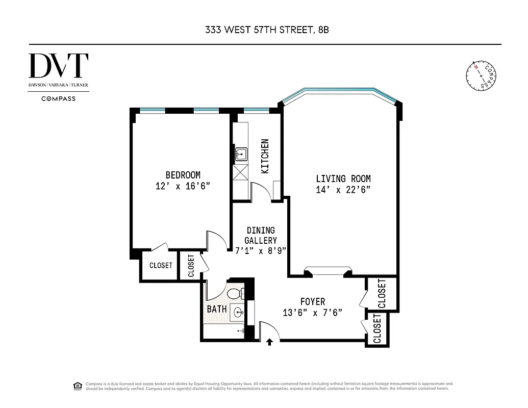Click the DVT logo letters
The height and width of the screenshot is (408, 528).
click(59, 66)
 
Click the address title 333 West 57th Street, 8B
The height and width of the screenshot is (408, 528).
click(264, 30)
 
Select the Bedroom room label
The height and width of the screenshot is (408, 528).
click(183, 175)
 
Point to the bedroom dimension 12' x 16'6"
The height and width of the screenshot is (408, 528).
click(183, 187)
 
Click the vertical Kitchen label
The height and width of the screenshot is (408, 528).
click(265, 156)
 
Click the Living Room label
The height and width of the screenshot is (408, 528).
click(343, 178)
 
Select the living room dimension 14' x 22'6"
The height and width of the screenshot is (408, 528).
click(343, 190)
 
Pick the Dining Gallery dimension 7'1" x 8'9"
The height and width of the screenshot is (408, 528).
click(261, 250)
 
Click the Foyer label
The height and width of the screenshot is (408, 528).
click(312, 301)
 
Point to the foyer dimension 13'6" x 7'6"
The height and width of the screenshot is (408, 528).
click(312, 313)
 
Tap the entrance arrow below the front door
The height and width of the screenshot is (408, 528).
click(269, 342)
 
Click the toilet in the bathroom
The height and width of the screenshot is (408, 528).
click(235, 294)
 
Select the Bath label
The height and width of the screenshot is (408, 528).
click(217, 309)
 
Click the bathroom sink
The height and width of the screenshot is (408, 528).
click(237, 312)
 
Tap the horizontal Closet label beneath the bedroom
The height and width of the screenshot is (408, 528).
click(161, 266)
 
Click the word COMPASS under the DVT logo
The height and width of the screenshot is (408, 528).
click(58, 98)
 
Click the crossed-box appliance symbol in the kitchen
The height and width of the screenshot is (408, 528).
click(240, 172)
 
